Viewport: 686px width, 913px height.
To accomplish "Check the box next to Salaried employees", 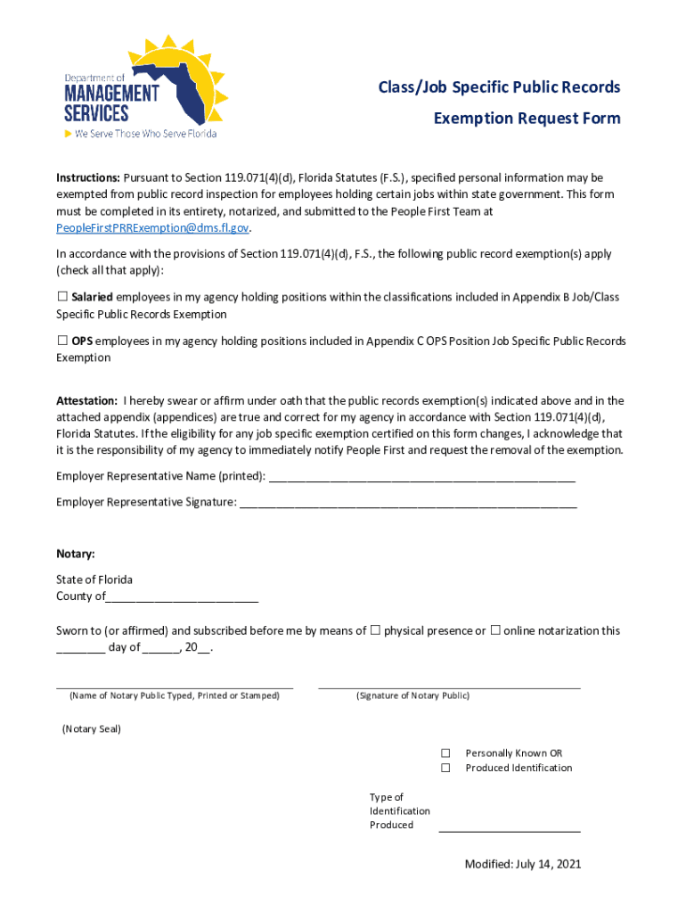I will pyautogui.click(x=62, y=296).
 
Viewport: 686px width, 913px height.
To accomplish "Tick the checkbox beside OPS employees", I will pyautogui.click(x=62, y=340).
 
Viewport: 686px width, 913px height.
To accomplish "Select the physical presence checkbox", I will pyautogui.click(x=375, y=630).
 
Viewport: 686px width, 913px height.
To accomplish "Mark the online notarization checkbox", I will pyautogui.click(x=494, y=630).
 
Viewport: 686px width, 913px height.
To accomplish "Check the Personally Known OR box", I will pyautogui.click(x=445, y=753).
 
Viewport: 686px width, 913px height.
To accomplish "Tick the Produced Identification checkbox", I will pyautogui.click(x=445, y=768).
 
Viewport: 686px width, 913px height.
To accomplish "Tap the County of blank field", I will pyautogui.click(x=182, y=597).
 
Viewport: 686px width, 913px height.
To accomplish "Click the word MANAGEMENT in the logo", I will pyautogui.click(x=111, y=93).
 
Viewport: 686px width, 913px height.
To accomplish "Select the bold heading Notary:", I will pyautogui.click(x=76, y=554).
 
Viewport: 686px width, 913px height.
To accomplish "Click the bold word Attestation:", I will pyautogui.click(x=86, y=400).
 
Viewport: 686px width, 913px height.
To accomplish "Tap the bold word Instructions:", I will pyautogui.click(x=88, y=177).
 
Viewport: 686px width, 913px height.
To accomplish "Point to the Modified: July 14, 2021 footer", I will pyautogui.click(x=522, y=864).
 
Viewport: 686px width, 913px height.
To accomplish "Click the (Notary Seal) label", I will pyautogui.click(x=91, y=728).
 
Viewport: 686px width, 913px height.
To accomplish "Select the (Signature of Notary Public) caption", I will pyautogui.click(x=412, y=695).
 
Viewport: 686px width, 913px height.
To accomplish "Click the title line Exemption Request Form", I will pyautogui.click(x=527, y=119).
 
